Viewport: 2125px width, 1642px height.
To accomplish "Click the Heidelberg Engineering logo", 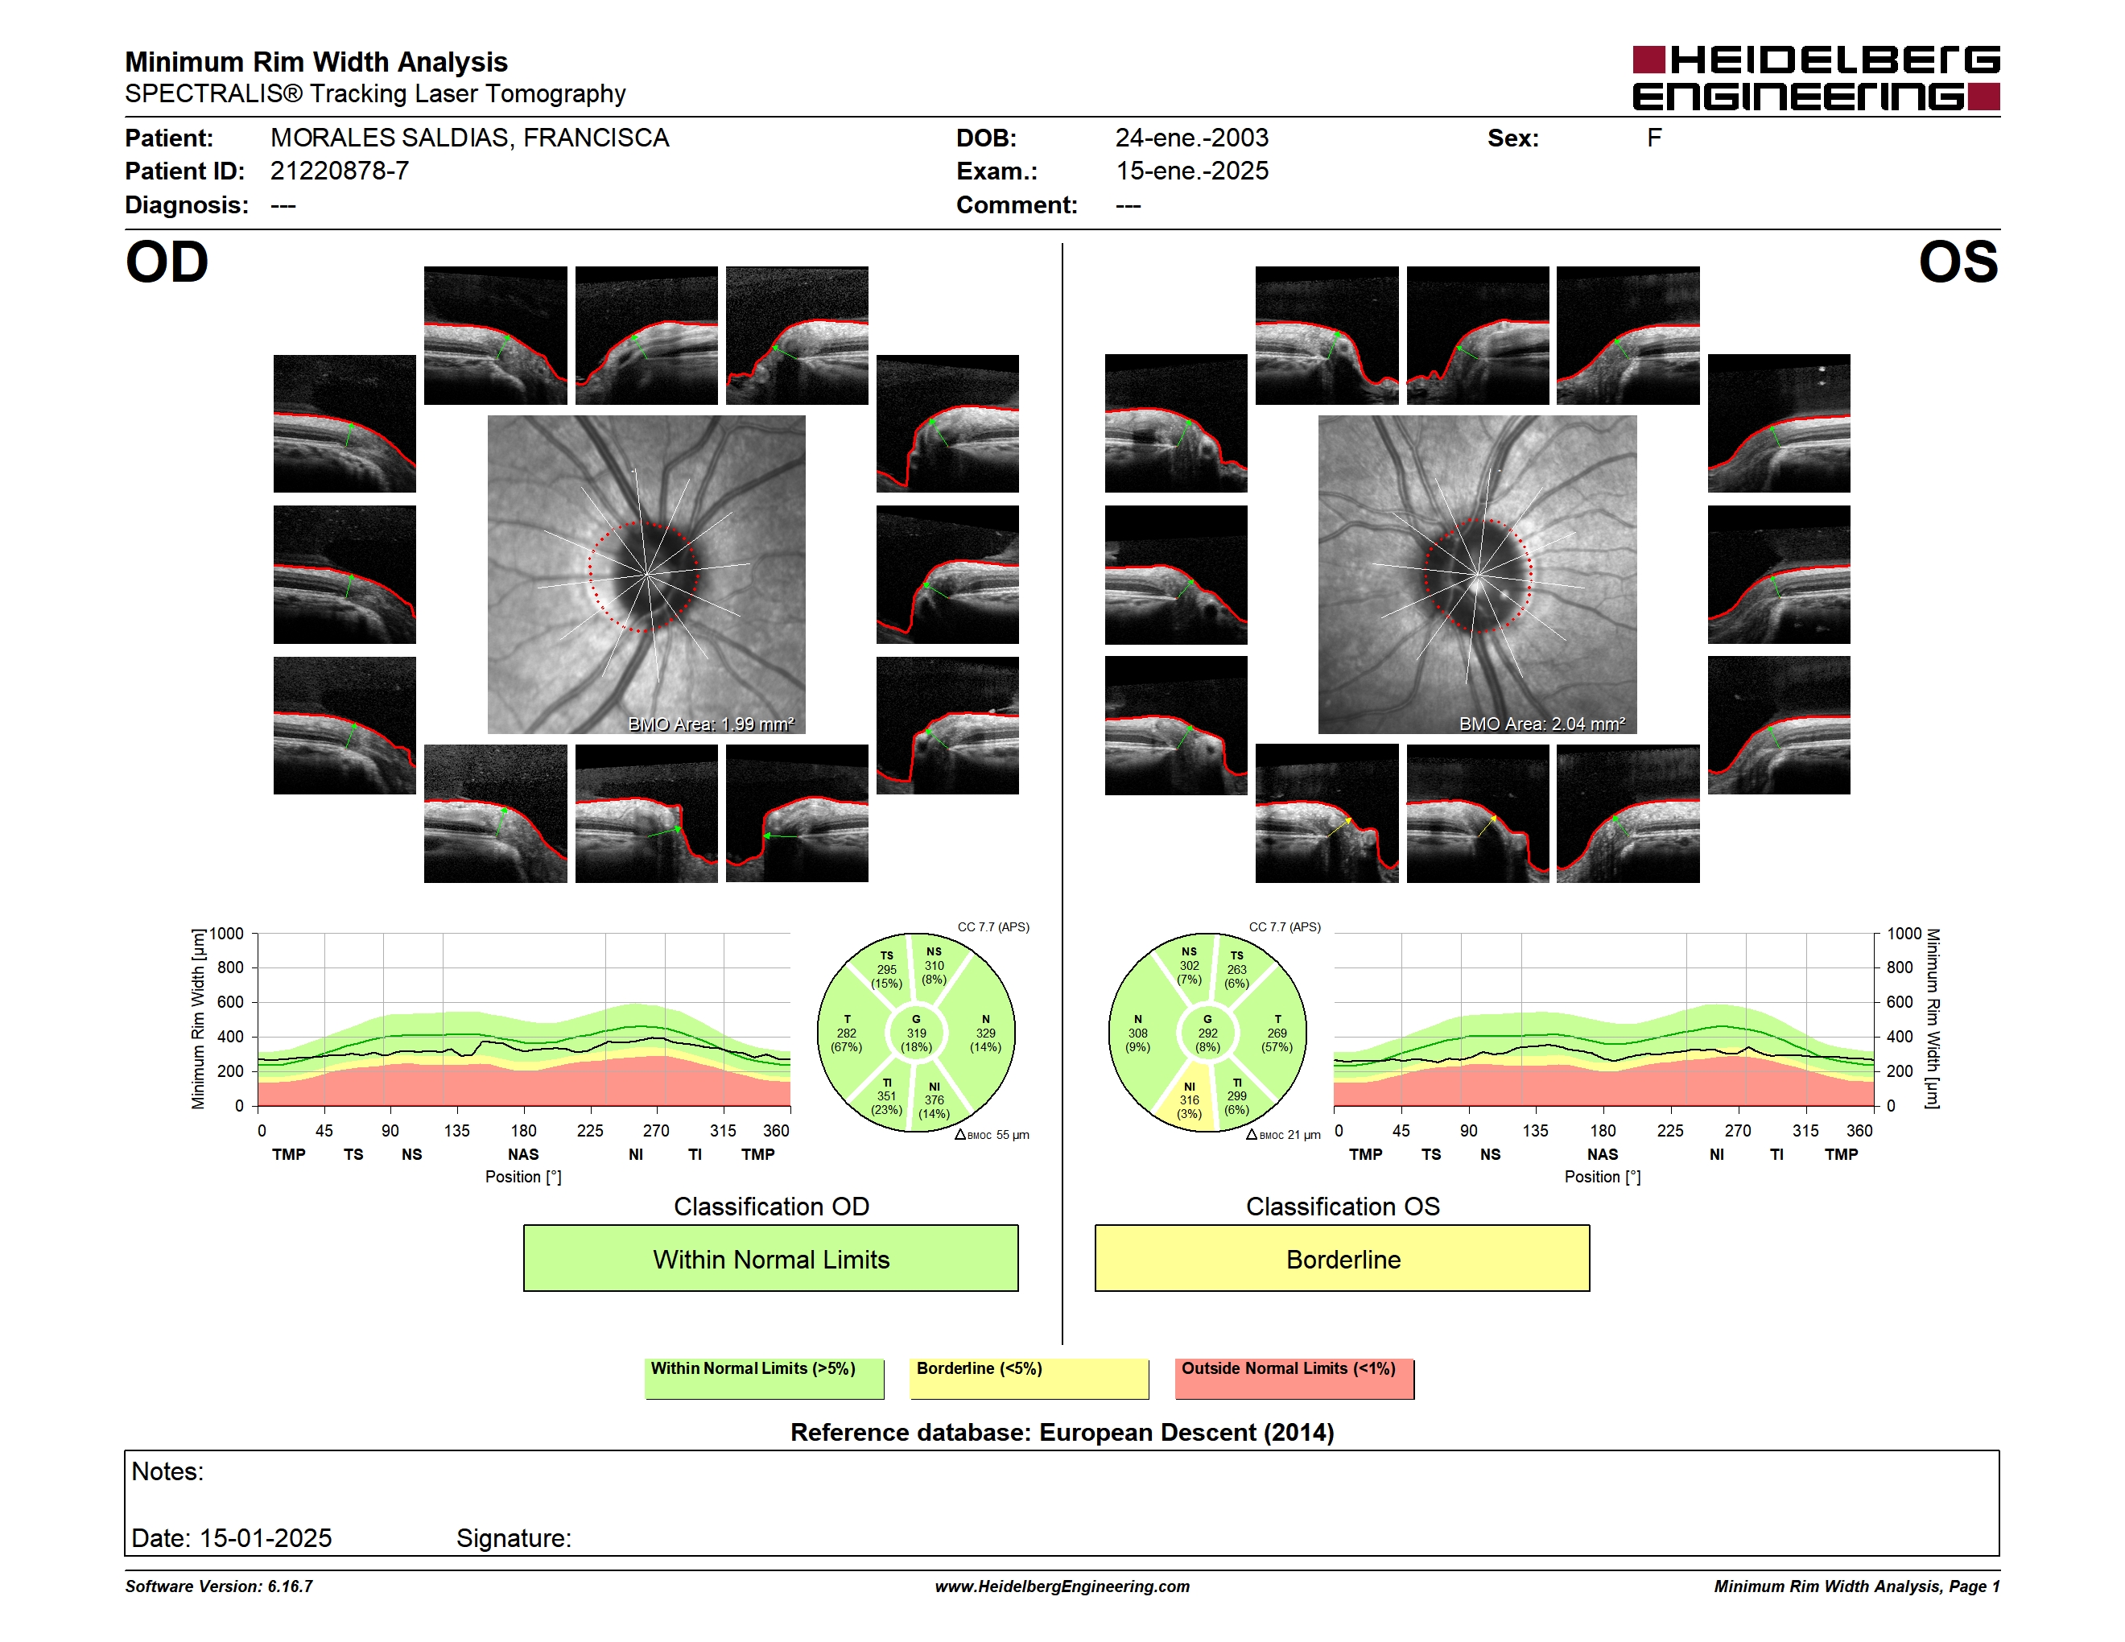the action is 1816,78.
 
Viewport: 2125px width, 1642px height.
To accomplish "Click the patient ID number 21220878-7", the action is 340,171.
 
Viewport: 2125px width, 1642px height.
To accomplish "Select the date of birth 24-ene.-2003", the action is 1192,138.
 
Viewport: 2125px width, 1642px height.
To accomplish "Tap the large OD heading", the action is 167,262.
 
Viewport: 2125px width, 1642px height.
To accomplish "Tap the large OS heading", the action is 1958,262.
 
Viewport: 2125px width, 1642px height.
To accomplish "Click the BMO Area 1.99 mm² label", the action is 712,724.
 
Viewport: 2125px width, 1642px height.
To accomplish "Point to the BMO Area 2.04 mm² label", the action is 1542,724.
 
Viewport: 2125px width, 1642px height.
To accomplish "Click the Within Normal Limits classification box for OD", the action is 770,1258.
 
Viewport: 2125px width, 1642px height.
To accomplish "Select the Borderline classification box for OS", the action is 1343,1258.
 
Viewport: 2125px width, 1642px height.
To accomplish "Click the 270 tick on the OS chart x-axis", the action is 1738,1130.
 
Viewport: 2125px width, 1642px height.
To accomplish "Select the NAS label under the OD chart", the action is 523,1155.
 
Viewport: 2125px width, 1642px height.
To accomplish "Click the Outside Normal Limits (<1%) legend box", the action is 1294,1378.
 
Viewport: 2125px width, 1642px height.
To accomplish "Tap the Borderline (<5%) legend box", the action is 1029,1378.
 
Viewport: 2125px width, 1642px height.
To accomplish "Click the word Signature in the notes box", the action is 514,1538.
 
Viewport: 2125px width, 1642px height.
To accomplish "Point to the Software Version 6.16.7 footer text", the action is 219,1586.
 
